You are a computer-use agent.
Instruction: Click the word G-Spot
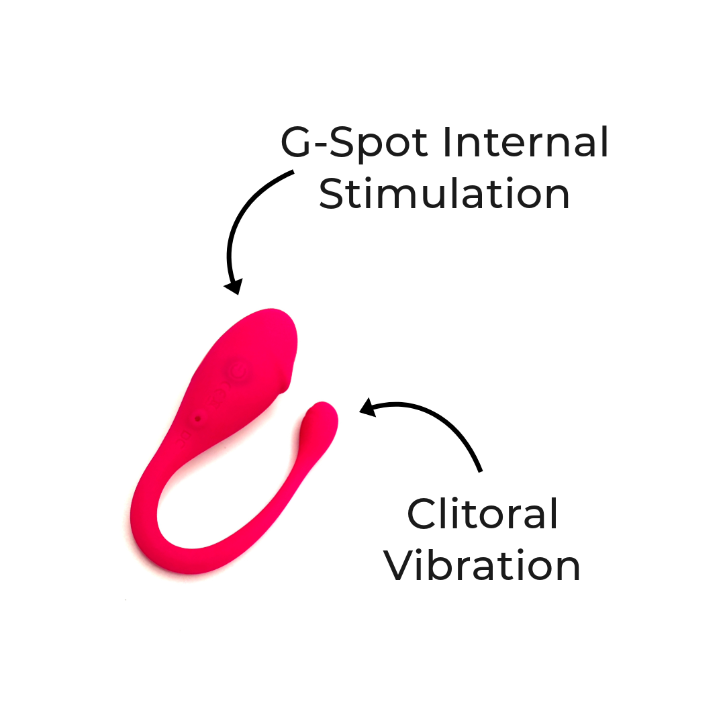[x=354, y=143]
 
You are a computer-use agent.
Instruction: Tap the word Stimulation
[x=444, y=194]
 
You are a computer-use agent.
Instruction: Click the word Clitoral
[x=483, y=514]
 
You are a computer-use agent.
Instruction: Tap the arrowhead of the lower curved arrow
[x=367, y=408]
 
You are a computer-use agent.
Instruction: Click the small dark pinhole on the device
[x=197, y=420]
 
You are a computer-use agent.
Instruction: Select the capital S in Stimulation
[x=334, y=194]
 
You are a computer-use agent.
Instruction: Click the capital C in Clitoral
[x=424, y=514]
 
